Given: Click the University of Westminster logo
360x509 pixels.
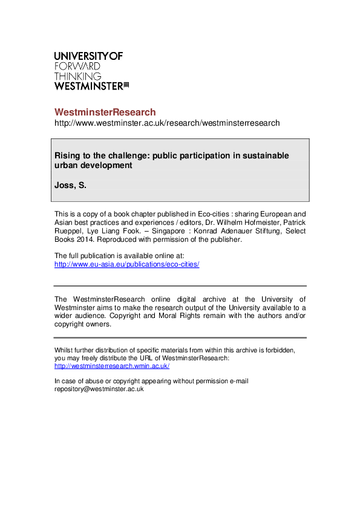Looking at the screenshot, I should pyautogui.click(x=91, y=71).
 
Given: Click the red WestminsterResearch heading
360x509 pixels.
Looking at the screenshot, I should pyautogui.click(x=105, y=112).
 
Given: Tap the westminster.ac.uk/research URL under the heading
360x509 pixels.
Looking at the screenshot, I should pyautogui.click(x=167, y=123).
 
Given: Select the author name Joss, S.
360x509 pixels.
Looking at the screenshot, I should pyautogui.click(x=71, y=186).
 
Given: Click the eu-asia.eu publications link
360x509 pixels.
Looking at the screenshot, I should pyautogui.click(x=126, y=265).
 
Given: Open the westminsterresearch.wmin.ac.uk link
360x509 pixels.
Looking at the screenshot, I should pyautogui.click(x=112, y=366).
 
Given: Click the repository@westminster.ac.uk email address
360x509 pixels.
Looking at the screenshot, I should pyautogui.click(x=99, y=389).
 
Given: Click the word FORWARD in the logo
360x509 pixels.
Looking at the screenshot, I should pyautogui.click(x=77, y=66).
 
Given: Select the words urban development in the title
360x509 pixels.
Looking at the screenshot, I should pyautogui.click(x=93, y=165).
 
